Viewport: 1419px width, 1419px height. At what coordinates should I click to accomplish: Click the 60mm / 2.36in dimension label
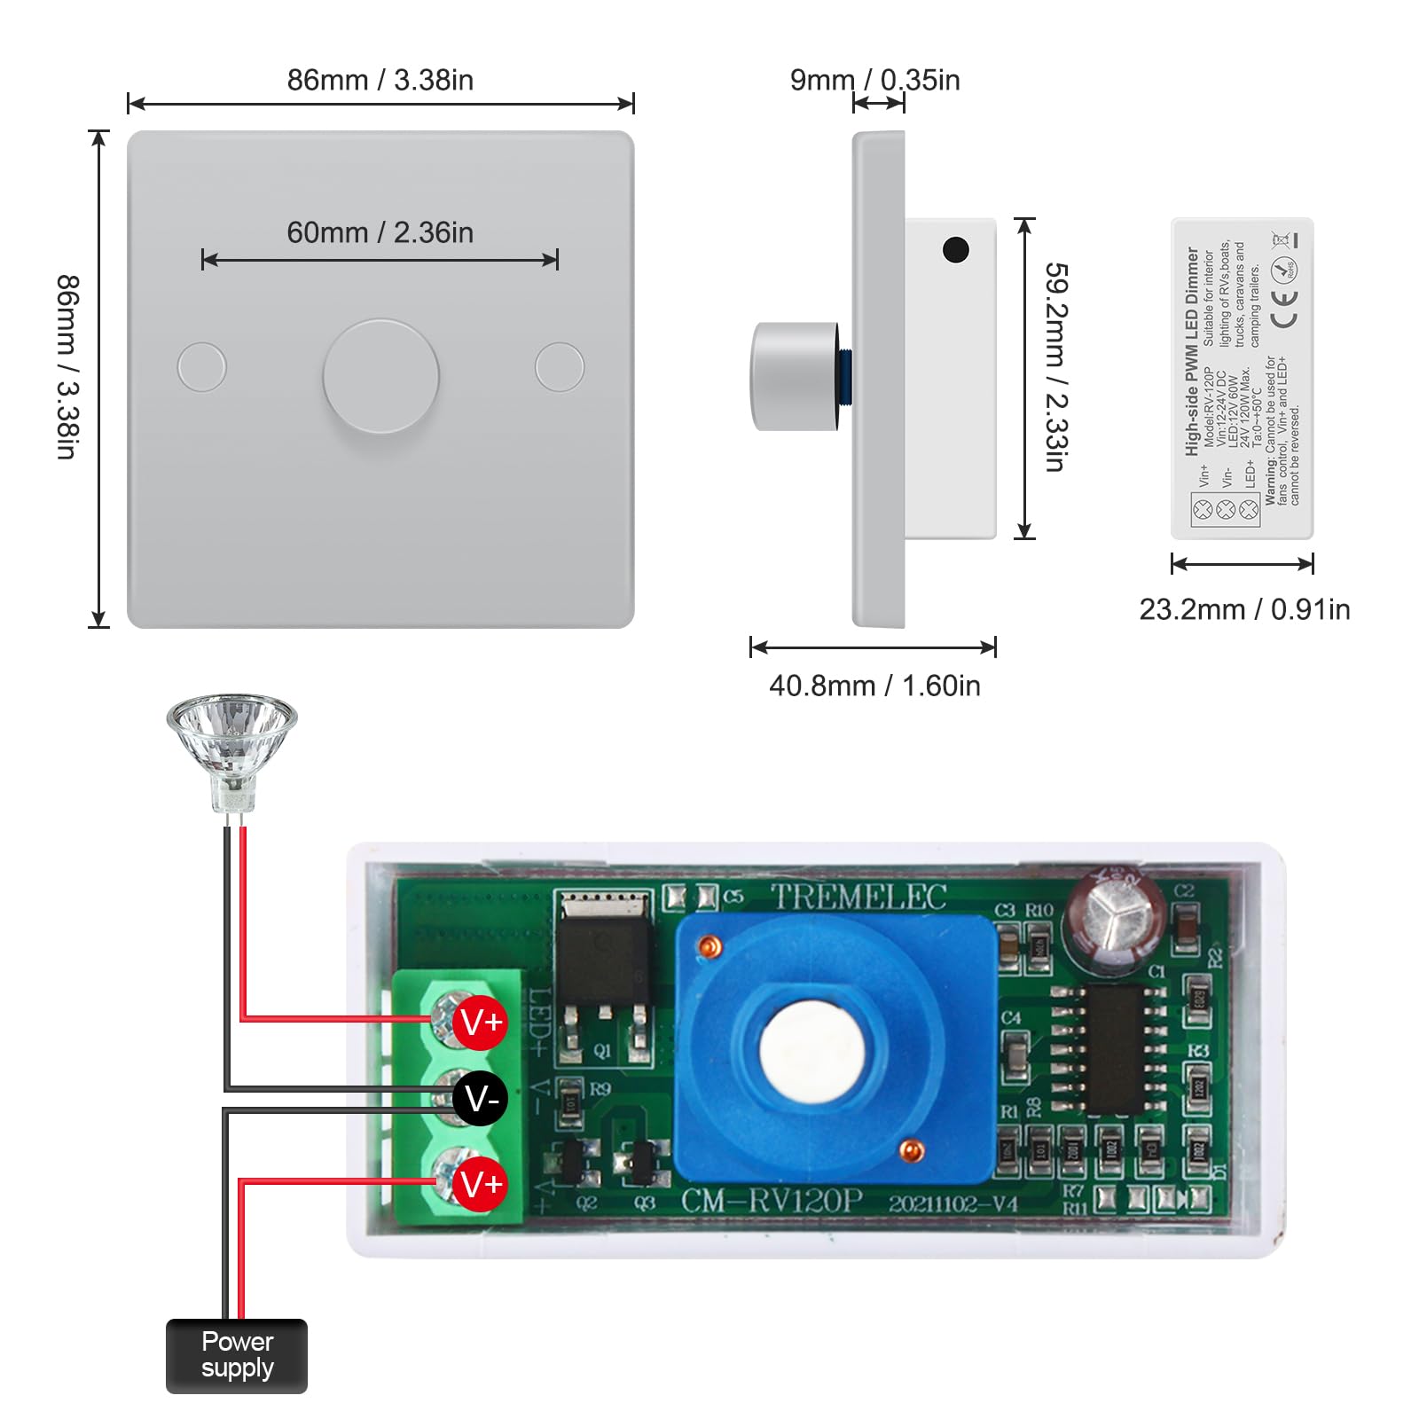point(380,232)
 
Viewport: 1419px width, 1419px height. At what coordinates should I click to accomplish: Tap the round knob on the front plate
point(380,376)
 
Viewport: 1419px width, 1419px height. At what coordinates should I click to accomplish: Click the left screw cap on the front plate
point(202,366)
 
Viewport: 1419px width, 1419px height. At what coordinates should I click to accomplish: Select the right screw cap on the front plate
point(560,366)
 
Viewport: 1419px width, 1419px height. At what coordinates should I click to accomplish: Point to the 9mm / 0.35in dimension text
point(874,80)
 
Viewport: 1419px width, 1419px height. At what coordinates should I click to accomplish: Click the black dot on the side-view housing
point(955,250)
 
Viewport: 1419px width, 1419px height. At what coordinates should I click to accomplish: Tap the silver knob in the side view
point(795,377)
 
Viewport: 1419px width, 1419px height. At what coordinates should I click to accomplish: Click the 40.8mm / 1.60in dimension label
point(874,686)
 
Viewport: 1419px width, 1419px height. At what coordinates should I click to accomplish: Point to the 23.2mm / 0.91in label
point(1244,609)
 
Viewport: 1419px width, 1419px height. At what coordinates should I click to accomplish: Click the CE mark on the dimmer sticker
point(1284,308)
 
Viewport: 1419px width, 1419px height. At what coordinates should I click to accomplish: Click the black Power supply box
point(237,1355)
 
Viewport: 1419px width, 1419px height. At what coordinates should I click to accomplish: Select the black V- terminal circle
point(480,1100)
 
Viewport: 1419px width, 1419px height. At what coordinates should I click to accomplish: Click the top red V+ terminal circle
point(480,1023)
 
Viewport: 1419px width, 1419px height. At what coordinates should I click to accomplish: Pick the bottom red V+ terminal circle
point(480,1184)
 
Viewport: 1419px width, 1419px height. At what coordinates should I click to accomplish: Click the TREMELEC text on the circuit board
point(858,898)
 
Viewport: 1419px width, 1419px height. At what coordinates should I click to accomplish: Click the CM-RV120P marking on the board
point(772,1201)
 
